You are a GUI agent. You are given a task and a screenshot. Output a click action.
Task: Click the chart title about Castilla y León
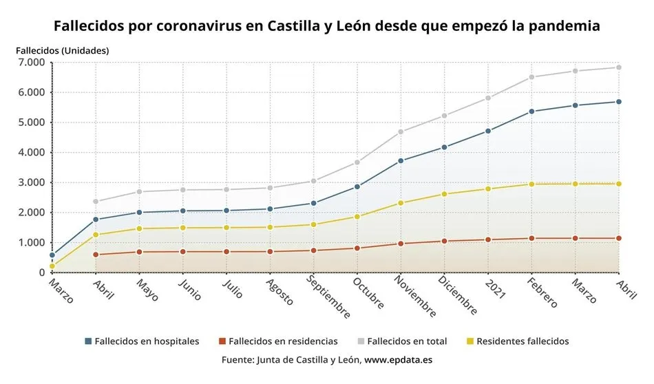tap(326, 26)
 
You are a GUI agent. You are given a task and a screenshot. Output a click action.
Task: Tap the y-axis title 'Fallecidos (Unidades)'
tap(62, 50)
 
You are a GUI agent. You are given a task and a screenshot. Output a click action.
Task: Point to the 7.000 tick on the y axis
tap(30, 63)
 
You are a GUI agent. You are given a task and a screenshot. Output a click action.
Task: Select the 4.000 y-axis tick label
tap(30, 153)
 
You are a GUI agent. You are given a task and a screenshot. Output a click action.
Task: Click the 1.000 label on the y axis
tap(30, 243)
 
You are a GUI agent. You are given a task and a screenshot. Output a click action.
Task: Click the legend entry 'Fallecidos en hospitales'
tap(142, 341)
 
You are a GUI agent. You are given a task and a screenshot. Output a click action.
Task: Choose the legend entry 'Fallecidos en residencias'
tap(277, 341)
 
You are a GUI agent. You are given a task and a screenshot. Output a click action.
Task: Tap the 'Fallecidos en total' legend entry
tap(402, 341)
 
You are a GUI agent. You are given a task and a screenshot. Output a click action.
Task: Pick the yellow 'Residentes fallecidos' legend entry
tap(517, 341)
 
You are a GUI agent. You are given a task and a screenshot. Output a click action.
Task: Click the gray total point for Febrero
tap(531, 77)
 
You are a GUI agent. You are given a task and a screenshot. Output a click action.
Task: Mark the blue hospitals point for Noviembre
tap(401, 161)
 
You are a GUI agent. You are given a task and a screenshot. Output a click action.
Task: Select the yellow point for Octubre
tap(357, 217)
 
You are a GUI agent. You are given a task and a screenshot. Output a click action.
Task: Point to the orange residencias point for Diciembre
tap(444, 241)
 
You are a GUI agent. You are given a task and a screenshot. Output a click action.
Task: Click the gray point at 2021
tap(488, 98)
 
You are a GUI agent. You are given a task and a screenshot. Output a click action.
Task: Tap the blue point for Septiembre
tap(313, 203)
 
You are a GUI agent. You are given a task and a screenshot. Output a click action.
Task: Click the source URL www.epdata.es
tap(398, 360)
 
